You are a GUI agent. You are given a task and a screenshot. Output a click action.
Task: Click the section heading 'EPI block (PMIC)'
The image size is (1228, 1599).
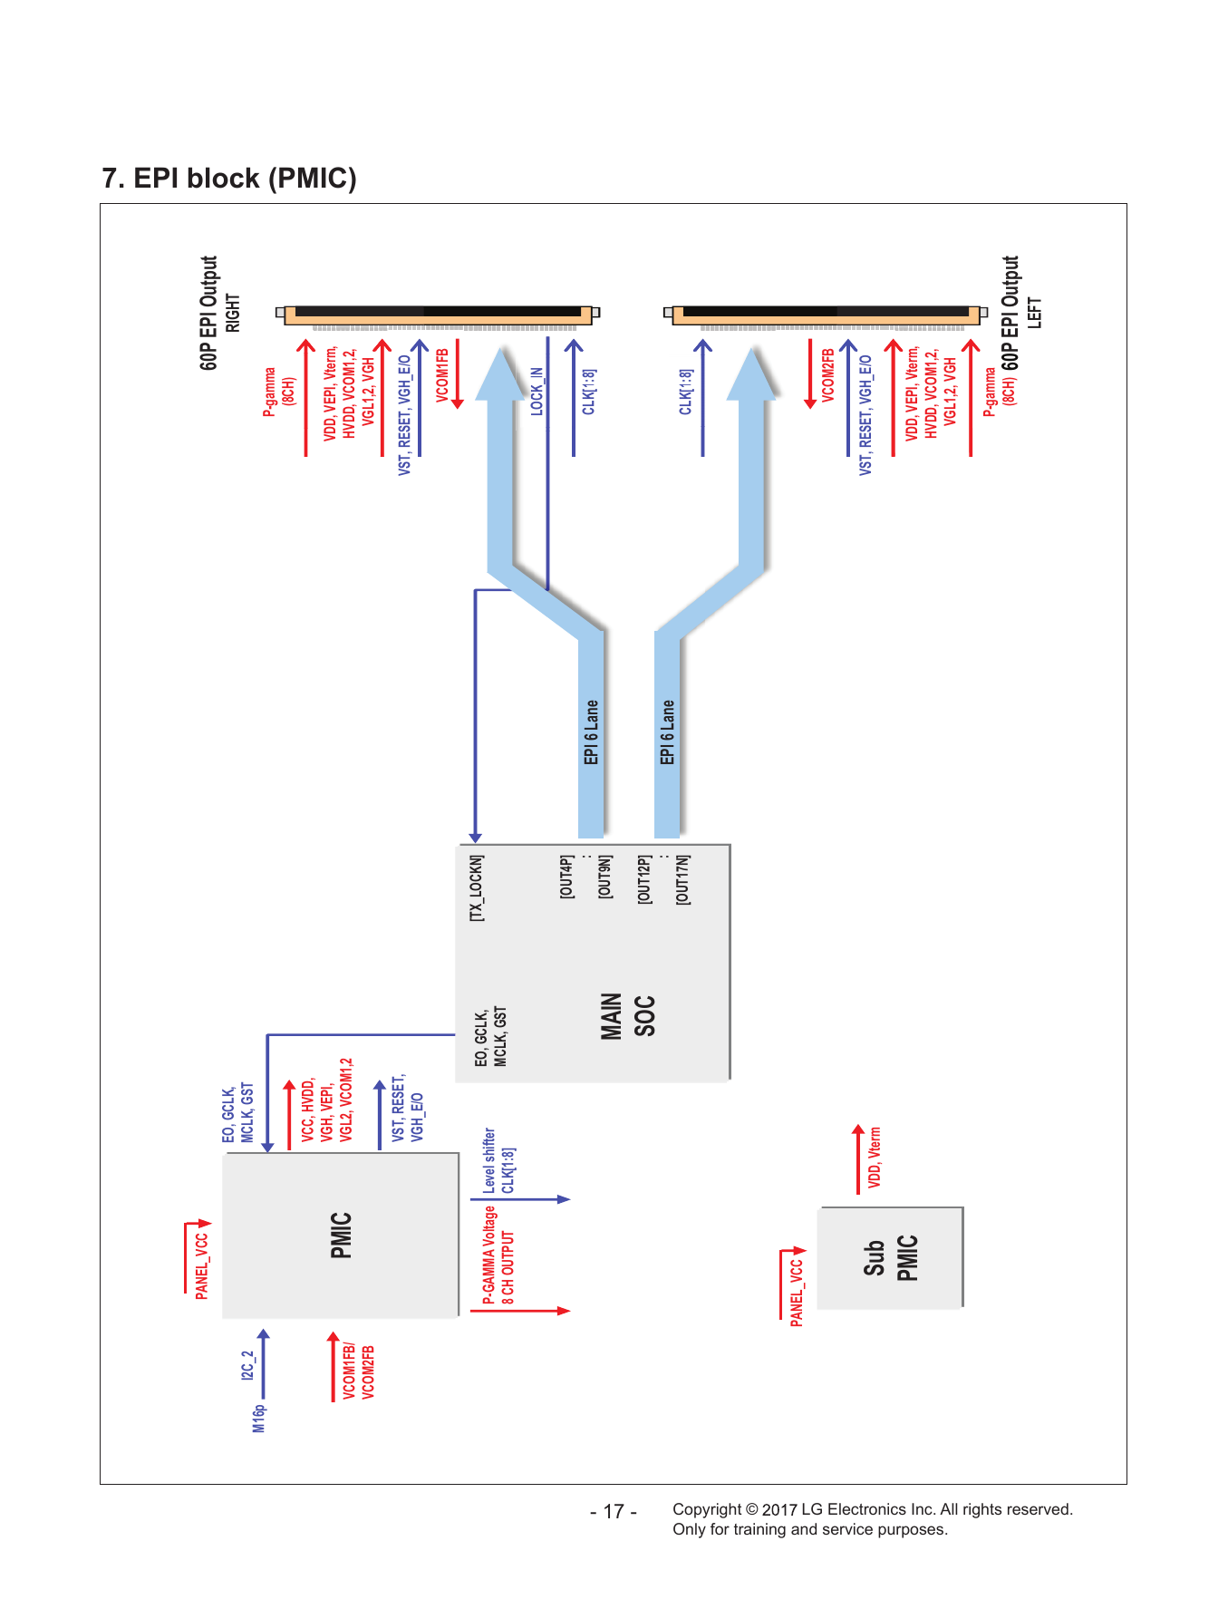point(245,179)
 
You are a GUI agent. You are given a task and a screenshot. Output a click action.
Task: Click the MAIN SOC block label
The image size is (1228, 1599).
point(627,1016)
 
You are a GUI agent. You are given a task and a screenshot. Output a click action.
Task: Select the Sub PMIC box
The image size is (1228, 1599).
point(890,1257)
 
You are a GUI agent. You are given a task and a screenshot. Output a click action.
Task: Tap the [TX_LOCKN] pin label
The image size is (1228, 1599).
point(477,888)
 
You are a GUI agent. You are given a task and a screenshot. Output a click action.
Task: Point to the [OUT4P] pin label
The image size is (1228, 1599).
point(566,877)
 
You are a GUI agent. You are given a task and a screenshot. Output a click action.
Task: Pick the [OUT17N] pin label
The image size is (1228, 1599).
point(682,879)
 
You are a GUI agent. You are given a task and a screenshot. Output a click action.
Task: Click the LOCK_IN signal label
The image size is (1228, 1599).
point(537,392)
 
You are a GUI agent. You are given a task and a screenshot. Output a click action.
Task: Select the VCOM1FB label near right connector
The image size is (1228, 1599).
point(442,374)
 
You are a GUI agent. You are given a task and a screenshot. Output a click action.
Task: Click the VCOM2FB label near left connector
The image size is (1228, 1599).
point(827,375)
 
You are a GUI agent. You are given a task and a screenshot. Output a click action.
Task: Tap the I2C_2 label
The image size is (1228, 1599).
point(247,1365)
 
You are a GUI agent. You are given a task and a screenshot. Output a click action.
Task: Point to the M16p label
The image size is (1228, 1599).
point(259,1419)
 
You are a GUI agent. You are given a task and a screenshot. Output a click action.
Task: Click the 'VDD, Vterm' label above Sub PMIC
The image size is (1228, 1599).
point(875,1158)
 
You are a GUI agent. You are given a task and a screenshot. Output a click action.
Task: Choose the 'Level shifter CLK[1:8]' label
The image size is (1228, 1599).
point(498,1161)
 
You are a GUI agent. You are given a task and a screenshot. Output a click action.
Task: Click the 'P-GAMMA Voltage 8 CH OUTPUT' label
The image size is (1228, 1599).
point(498,1255)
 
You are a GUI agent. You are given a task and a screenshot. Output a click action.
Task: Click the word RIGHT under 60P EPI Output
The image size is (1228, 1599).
point(233,313)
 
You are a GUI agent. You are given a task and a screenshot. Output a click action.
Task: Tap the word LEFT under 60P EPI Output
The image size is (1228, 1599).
point(1034,313)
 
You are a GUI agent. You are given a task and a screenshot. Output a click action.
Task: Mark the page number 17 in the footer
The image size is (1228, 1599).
point(614,1511)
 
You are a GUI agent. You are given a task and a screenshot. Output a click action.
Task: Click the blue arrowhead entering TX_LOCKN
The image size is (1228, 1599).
point(476,838)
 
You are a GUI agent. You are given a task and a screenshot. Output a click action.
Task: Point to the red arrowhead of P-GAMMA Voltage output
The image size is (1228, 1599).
point(565,1311)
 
